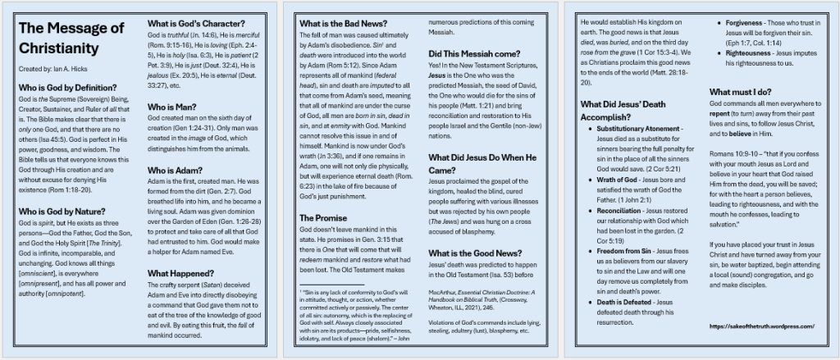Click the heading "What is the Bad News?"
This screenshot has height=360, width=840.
pyautogui.click(x=344, y=23)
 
